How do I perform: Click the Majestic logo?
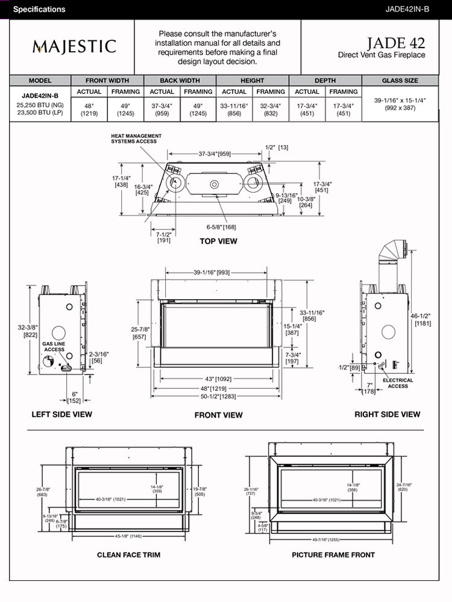(74, 46)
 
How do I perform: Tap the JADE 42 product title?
(395, 43)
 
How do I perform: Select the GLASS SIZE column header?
(400, 80)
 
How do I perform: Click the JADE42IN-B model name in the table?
(40, 95)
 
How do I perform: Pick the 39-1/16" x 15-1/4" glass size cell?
(400, 104)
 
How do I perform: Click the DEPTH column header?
(325, 80)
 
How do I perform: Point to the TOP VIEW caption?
(218, 241)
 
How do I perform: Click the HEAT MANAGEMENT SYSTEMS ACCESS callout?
(134, 139)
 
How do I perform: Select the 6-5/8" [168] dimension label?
(221, 227)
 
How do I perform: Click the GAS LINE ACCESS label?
(54, 346)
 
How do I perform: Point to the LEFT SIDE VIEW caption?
(62, 414)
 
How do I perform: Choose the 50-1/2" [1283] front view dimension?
(218, 397)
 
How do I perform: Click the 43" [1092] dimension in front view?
(218, 379)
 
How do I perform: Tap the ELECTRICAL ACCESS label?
(398, 383)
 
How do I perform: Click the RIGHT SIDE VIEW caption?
(387, 414)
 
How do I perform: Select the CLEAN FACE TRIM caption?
(128, 554)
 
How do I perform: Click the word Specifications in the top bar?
(39, 10)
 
